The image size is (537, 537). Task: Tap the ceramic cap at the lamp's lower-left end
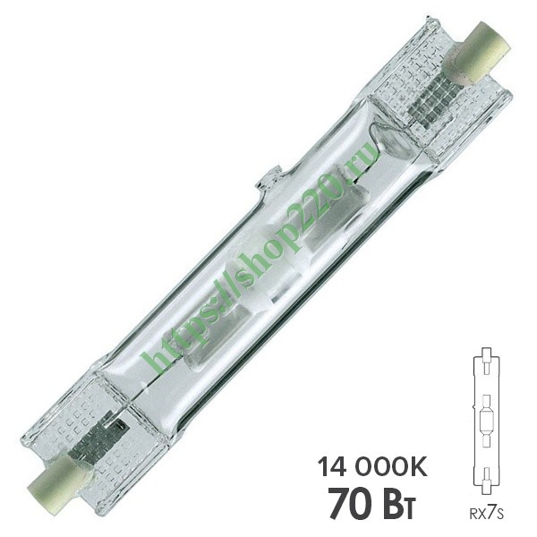[x=57, y=477]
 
